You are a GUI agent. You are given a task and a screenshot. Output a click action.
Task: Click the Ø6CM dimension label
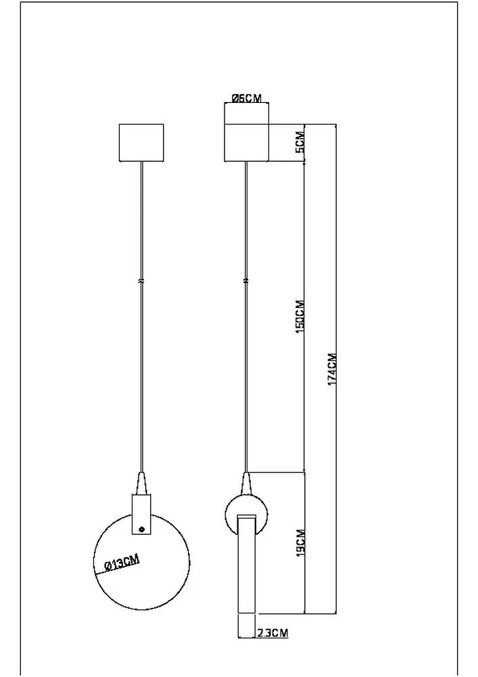246,98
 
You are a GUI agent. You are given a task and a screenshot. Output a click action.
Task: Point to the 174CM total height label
331,369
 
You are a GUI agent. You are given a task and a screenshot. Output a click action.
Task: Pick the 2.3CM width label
272,634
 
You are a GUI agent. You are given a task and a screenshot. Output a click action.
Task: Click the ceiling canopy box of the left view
141,143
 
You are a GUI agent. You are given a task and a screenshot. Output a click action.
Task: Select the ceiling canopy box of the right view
247,143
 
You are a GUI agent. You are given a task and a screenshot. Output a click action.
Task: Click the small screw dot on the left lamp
141,529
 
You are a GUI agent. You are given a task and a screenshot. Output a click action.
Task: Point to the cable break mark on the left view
141,280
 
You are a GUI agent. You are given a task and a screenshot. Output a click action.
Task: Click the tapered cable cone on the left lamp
141,483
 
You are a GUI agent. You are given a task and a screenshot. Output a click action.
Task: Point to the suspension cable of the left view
141,372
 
